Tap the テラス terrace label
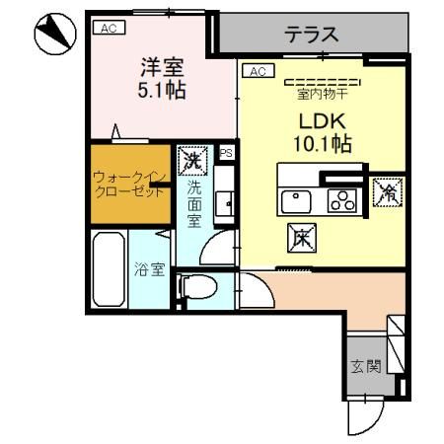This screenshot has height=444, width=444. tap(312, 35)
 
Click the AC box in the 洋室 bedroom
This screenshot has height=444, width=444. tap(108, 29)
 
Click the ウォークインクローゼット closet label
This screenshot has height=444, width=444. tap(127, 185)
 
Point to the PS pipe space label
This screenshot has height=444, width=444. tap(226, 153)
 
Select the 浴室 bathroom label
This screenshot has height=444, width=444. tap(148, 267)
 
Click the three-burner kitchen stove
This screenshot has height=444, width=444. tap(342, 200)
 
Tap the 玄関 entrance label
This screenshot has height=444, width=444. tap(365, 366)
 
